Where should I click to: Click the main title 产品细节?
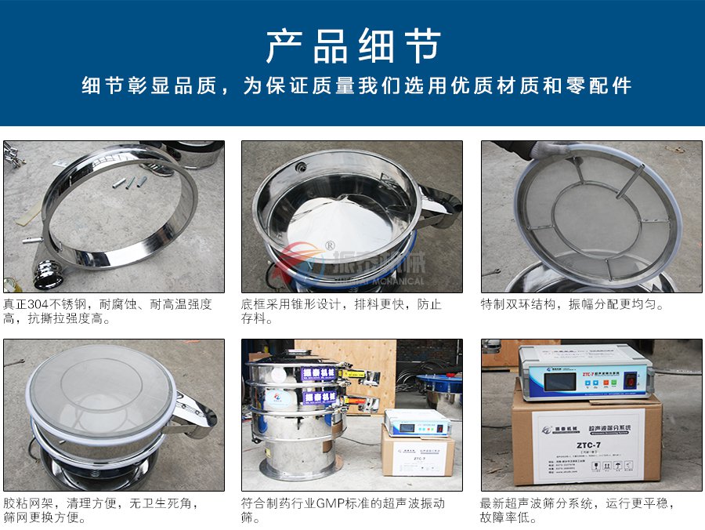pos(352,46)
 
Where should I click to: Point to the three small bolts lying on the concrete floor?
pos(125,183)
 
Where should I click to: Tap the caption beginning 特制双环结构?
pos(572,304)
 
